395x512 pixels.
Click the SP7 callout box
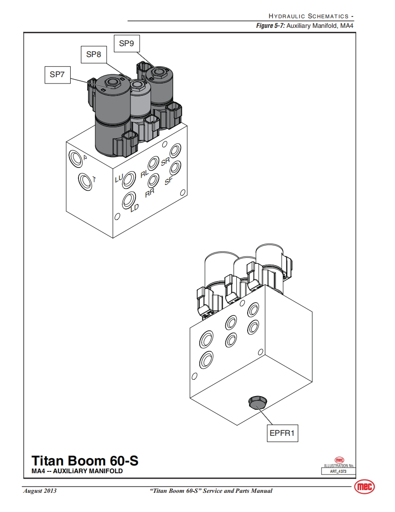click(x=57, y=75)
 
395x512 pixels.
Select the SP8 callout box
click(x=94, y=55)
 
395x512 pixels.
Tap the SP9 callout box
click(x=126, y=44)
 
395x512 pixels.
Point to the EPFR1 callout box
click(x=283, y=433)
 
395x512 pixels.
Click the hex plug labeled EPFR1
click(x=257, y=403)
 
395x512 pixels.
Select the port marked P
click(x=75, y=158)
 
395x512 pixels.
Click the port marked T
click(x=84, y=181)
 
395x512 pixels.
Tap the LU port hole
click(x=130, y=178)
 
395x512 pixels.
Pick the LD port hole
click(x=130, y=199)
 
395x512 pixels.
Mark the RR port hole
click(x=154, y=181)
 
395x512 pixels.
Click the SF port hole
click(x=175, y=168)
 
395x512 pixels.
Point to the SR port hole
click(x=176, y=151)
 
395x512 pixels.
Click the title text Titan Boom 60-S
click(x=84, y=460)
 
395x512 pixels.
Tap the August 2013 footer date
click(x=40, y=491)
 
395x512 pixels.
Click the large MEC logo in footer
click(x=364, y=487)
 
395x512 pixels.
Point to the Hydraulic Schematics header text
click(x=311, y=16)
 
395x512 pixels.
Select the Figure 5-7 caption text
click(x=305, y=26)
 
